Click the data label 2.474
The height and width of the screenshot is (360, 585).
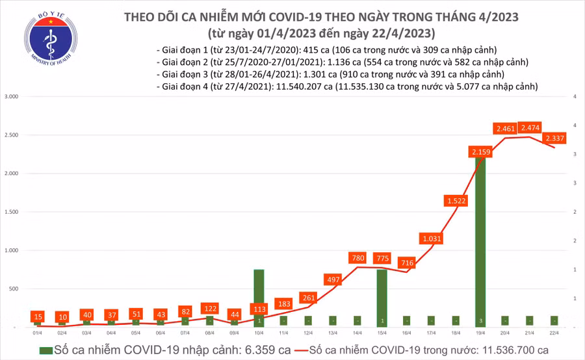(531, 128)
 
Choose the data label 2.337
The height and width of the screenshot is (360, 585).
(555, 138)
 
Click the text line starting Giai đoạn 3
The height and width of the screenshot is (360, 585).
(324, 74)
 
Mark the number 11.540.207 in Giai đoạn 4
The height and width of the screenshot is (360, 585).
(302, 86)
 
